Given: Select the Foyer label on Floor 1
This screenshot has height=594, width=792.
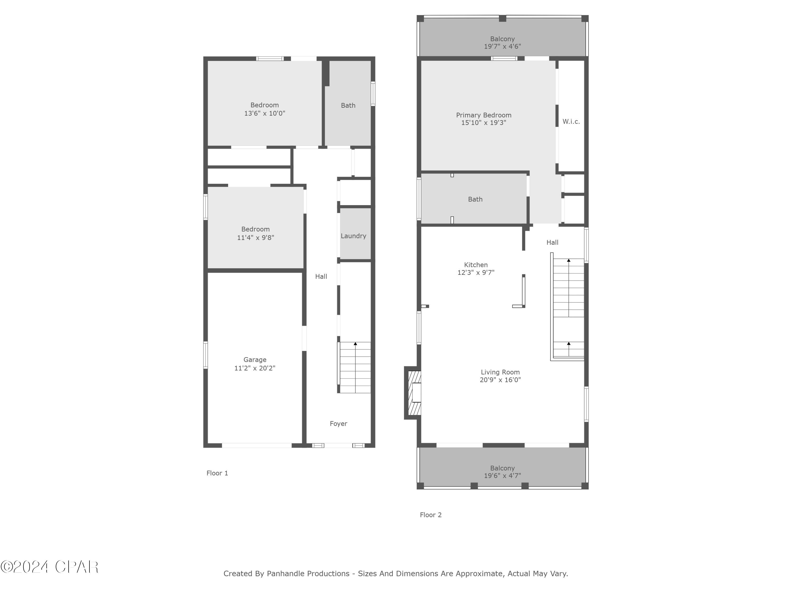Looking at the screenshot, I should [x=338, y=423].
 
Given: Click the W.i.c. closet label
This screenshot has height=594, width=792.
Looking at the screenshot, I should [x=571, y=122].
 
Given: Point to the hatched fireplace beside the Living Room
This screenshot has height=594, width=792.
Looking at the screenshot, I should [x=414, y=393].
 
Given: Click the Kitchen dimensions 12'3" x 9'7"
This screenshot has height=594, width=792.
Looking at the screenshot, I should [x=475, y=272].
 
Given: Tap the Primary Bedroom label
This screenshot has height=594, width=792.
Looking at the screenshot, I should [x=483, y=115].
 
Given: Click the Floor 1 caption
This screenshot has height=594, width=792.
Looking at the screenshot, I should [x=217, y=473].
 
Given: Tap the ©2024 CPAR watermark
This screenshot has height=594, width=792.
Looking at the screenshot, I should [x=49, y=567].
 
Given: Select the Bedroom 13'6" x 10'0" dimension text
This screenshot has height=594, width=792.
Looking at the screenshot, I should [x=265, y=114].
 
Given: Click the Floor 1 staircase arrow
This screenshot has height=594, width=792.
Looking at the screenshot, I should [x=355, y=344].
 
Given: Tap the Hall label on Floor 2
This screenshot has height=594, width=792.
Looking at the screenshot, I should [x=552, y=242].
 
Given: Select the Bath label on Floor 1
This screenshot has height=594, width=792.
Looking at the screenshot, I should [x=348, y=105].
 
